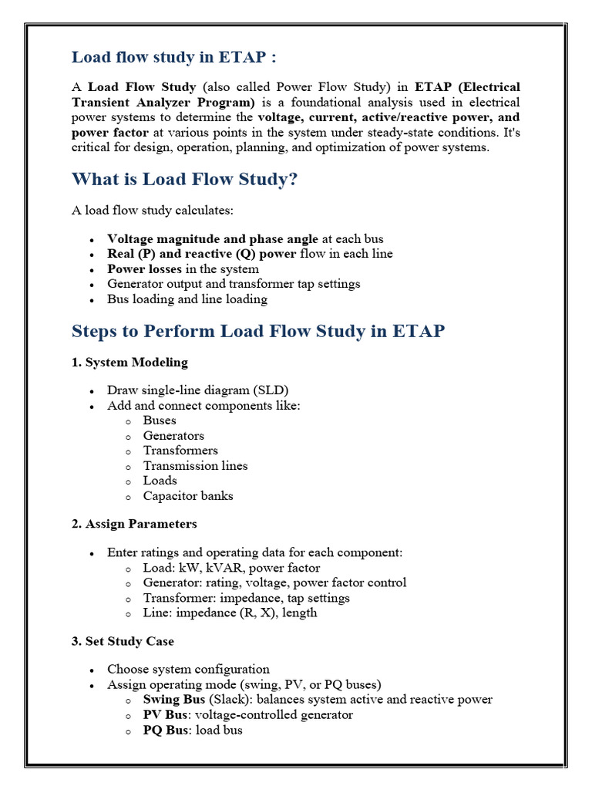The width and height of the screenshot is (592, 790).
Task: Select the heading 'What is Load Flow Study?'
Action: [184, 179]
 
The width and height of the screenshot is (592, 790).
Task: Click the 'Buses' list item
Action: [160, 420]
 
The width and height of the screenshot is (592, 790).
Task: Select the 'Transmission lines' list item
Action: [195, 466]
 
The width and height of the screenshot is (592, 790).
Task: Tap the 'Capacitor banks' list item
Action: [187, 496]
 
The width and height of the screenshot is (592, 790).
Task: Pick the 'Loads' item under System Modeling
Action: [160, 481]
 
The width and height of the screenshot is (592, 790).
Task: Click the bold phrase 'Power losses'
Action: [145, 269]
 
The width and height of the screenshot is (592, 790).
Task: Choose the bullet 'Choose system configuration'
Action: [188, 670]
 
